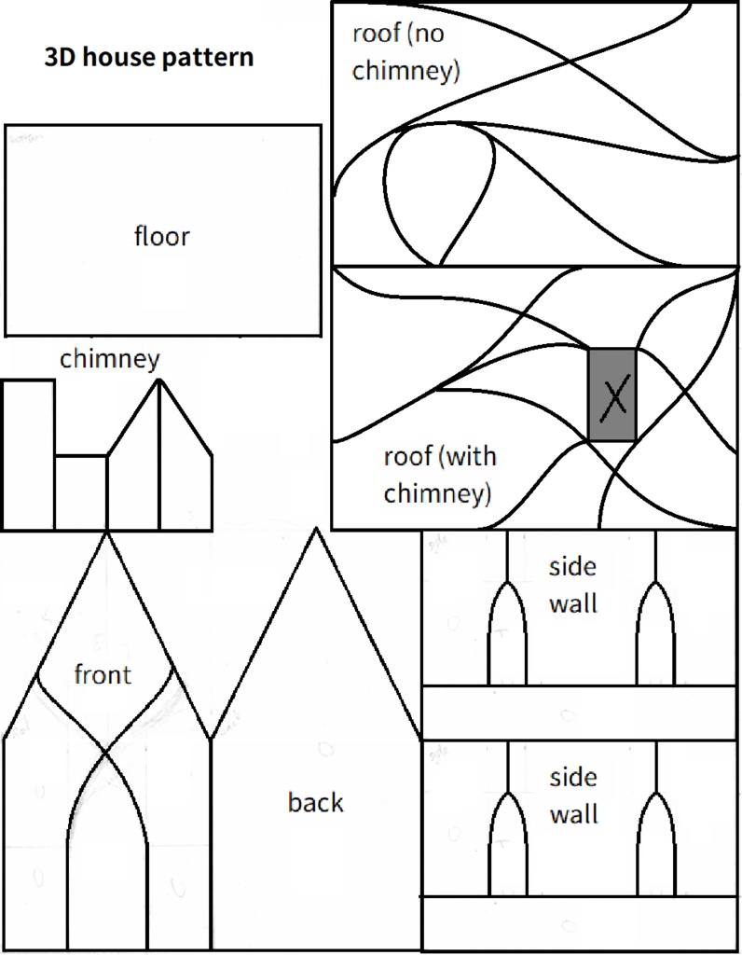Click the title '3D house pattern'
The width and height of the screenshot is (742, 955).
click(149, 57)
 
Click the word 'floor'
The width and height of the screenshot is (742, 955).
click(161, 236)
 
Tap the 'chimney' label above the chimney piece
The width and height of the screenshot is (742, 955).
click(110, 358)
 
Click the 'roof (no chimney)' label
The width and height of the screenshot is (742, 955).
click(405, 53)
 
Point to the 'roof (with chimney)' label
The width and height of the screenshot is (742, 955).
click(438, 474)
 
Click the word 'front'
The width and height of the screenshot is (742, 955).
click(103, 674)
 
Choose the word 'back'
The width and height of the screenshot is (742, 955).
click(315, 802)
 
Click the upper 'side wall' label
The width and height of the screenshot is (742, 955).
click(572, 585)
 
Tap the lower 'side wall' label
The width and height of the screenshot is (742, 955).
click(572, 796)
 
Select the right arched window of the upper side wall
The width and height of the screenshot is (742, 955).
click(656, 639)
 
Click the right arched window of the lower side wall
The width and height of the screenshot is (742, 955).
click(656, 849)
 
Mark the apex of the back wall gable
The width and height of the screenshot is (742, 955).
click(316, 530)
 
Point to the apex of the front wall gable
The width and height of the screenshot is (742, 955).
click(106, 533)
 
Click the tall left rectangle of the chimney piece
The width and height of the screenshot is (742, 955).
click(28, 454)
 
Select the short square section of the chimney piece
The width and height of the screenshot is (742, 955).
click(80, 491)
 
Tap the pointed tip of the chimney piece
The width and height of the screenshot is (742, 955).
click(159, 381)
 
